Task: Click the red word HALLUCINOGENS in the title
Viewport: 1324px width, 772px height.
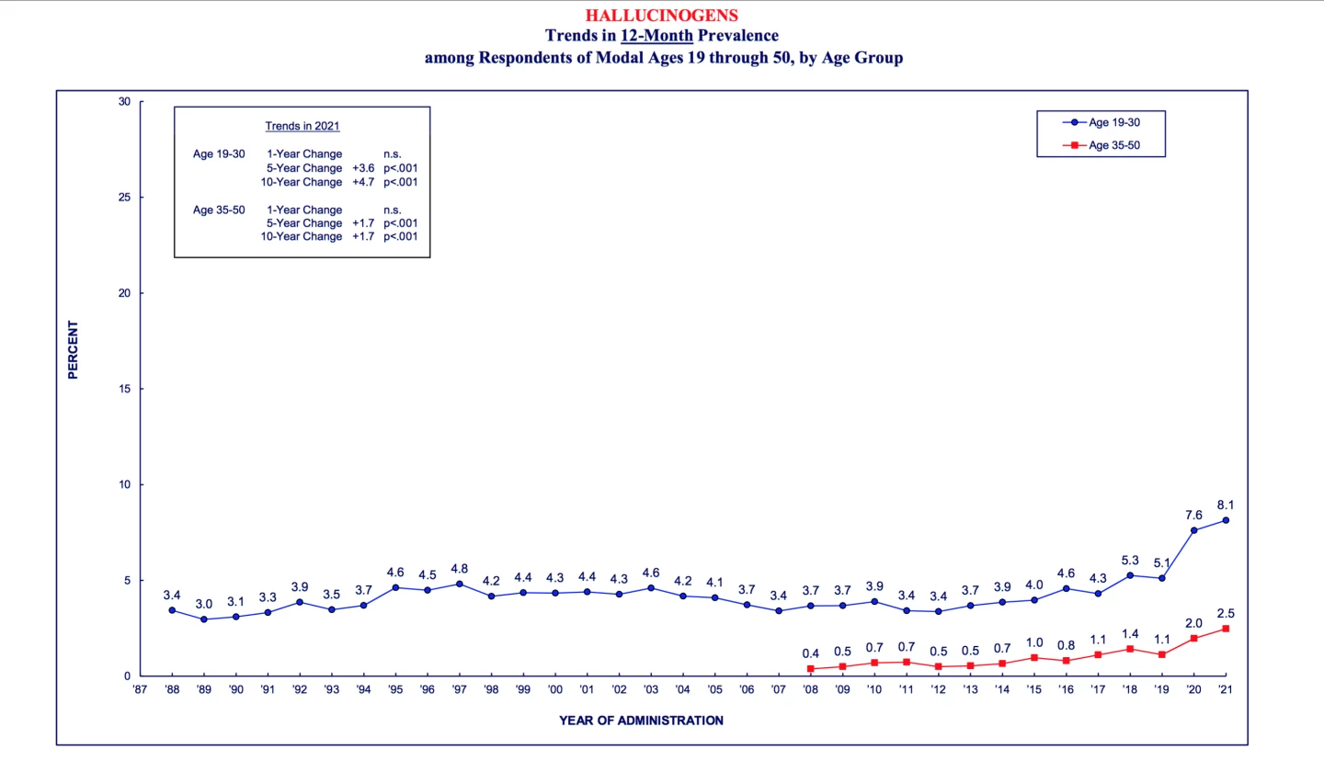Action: click(661, 16)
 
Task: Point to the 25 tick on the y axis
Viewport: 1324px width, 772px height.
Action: click(124, 198)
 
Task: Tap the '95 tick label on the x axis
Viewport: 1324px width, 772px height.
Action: click(395, 689)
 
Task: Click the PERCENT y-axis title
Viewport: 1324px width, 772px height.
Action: click(74, 349)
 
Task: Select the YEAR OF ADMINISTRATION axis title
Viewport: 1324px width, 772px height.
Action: click(641, 721)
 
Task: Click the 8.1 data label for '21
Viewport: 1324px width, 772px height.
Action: click(1225, 505)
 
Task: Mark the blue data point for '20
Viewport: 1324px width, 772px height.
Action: click(1193, 530)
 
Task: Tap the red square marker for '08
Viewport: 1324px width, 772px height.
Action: click(810, 669)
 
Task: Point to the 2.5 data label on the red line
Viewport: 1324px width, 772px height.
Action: click(1225, 613)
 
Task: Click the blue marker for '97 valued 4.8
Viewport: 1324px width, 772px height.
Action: click(459, 584)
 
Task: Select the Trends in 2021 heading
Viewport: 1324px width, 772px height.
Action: click(302, 126)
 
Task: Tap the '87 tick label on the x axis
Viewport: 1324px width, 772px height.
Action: click(140, 689)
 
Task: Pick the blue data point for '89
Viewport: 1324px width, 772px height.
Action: click(203, 619)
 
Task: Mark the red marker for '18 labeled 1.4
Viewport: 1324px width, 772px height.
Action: click(1130, 649)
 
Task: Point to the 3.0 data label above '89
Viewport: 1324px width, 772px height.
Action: click(203, 604)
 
